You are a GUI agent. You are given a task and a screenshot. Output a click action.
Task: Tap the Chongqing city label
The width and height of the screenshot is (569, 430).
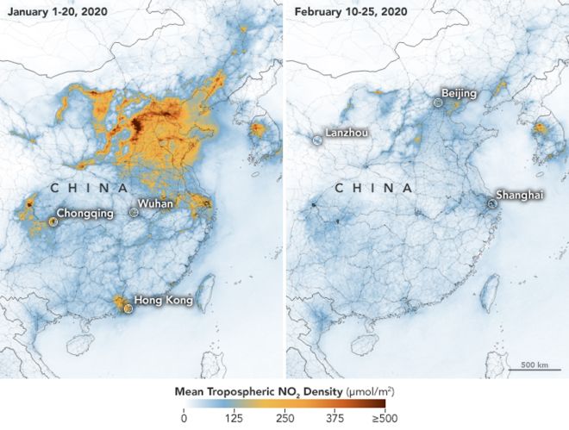pyautogui.click(x=85, y=213)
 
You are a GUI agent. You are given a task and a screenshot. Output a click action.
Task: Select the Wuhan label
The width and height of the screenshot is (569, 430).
pyautogui.click(x=156, y=203)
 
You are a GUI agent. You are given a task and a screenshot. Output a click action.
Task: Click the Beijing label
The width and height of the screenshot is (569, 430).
pyautogui.click(x=459, y=92)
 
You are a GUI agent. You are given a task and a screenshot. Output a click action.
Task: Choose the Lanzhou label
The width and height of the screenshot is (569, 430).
pyautogui.click(x=347, y=134)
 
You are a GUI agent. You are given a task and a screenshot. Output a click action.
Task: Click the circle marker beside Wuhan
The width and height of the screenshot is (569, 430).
pyautogui.click(x=134, y=211)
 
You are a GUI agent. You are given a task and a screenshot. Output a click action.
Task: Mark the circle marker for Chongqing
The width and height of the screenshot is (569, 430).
pyautogui.click(x=53, y=221)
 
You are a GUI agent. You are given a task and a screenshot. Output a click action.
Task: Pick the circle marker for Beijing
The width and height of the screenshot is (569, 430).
pyautogui.click(x=439, y=102)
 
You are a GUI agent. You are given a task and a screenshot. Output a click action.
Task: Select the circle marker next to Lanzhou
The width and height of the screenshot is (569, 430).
pyautogui.click(x=317, y=140)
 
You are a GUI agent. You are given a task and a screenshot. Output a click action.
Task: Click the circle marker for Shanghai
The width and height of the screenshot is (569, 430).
pyautogui.click(x=491, y=203)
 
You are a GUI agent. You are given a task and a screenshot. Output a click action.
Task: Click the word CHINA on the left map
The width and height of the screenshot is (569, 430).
pyautogui.click(x=90, y=188)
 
